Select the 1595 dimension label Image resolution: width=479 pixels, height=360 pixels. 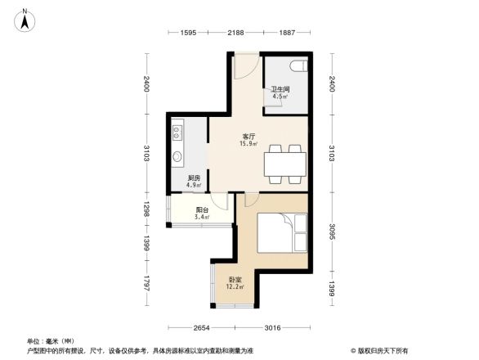[x=188, y=33]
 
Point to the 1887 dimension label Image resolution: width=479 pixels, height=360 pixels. [x=287, y=33]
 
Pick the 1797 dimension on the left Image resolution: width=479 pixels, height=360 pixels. [x=145, y=286]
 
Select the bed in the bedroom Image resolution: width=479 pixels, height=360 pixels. [x=282, y=233]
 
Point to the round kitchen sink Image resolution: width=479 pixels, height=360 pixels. [x=177, y=156]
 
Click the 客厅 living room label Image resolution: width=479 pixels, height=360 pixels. [x=248, y=137]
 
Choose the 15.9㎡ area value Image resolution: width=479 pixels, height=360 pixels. [x=248, y=144]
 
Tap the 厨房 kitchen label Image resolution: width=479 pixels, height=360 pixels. [x=195, y=178]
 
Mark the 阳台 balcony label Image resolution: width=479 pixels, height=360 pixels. [x=201, y=210]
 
